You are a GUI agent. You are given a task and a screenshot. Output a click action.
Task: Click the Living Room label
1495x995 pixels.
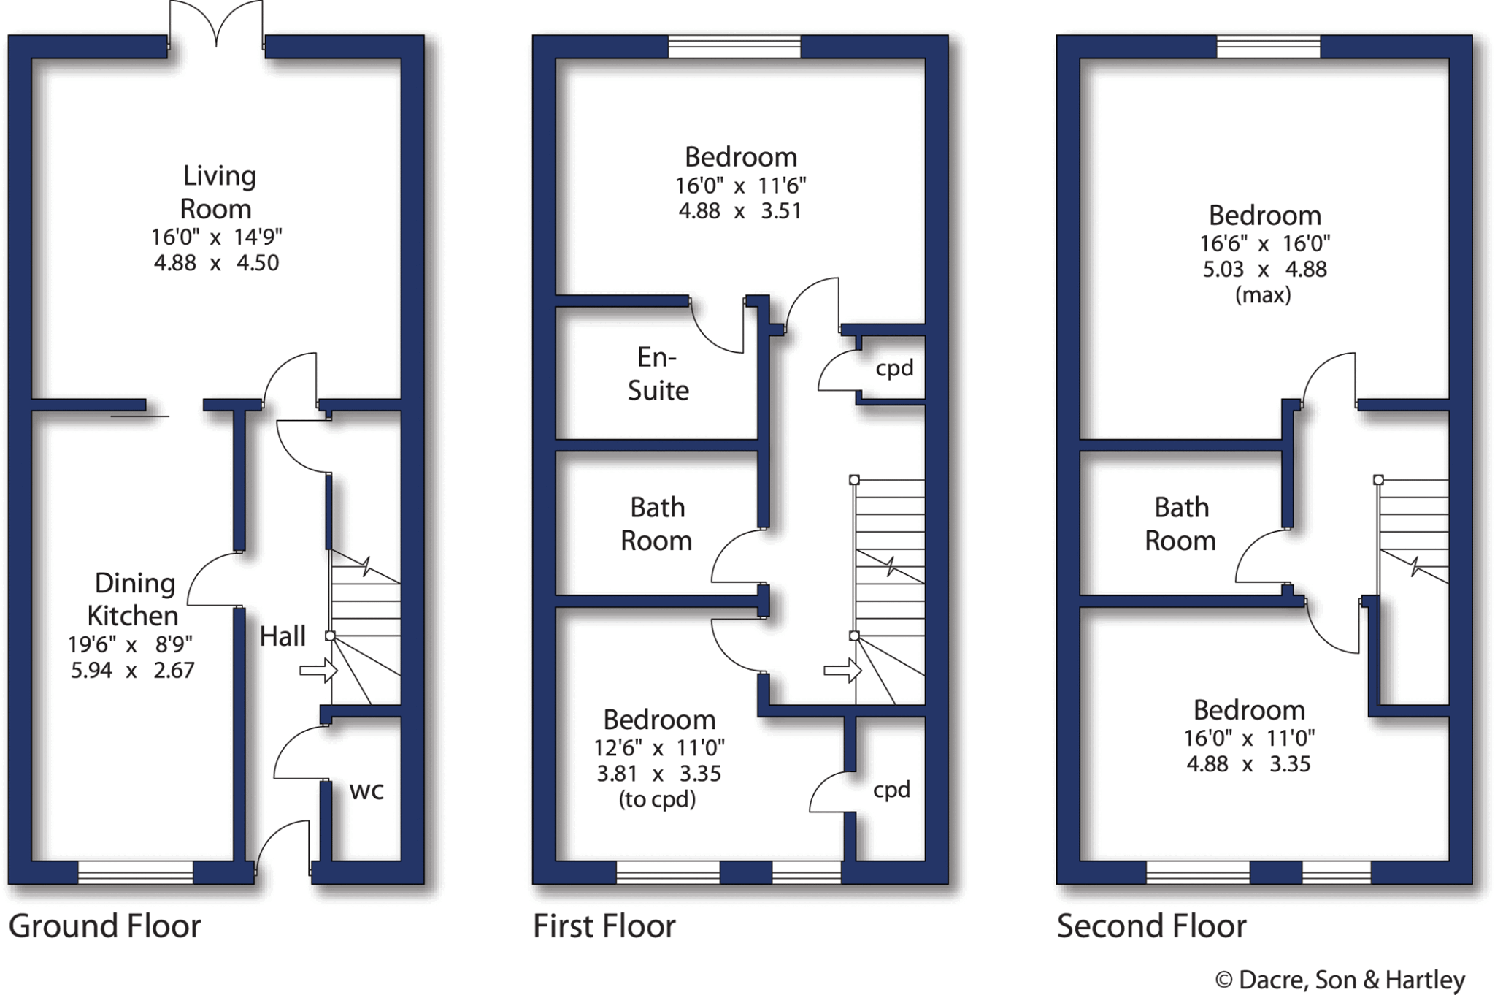click(x=218, y=192)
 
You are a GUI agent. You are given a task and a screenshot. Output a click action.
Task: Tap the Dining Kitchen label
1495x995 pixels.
click(x=133, y=600)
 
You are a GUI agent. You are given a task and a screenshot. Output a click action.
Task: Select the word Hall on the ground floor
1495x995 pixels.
click(x=283, y=636)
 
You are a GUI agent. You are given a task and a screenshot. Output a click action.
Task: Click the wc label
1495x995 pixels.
click(x=366, y=790)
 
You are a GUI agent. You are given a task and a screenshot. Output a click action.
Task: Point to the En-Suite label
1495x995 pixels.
click(x=658, y=374)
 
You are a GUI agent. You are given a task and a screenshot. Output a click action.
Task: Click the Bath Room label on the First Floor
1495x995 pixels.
click(x=657, y=524)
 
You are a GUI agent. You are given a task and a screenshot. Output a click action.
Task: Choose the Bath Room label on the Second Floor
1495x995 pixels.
click(x=1180, y=524)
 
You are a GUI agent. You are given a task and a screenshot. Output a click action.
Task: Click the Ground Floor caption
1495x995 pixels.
click(x=104, y=926)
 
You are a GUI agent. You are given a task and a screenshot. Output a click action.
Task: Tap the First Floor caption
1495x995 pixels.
click(x=604, y=926)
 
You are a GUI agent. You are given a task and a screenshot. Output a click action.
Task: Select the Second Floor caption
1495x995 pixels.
click(x=1151, y=926)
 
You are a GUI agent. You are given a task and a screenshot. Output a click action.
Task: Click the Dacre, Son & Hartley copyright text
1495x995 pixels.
click(x=1340, y=980)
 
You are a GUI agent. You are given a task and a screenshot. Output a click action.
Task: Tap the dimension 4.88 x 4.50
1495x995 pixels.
click(x=216, y=263)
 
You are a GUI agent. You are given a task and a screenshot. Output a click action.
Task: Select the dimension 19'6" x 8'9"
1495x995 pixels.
click(x=130, y=644)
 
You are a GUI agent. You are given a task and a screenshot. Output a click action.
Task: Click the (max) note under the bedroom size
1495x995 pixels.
click(x=1263, y=295)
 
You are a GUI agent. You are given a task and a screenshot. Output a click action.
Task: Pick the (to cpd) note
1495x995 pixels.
click(x=657, y=799)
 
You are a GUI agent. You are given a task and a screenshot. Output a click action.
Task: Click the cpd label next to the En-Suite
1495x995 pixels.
click(x=894, y=368)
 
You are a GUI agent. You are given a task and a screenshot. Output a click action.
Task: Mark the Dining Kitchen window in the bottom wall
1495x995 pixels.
click(x=135, y=872)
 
